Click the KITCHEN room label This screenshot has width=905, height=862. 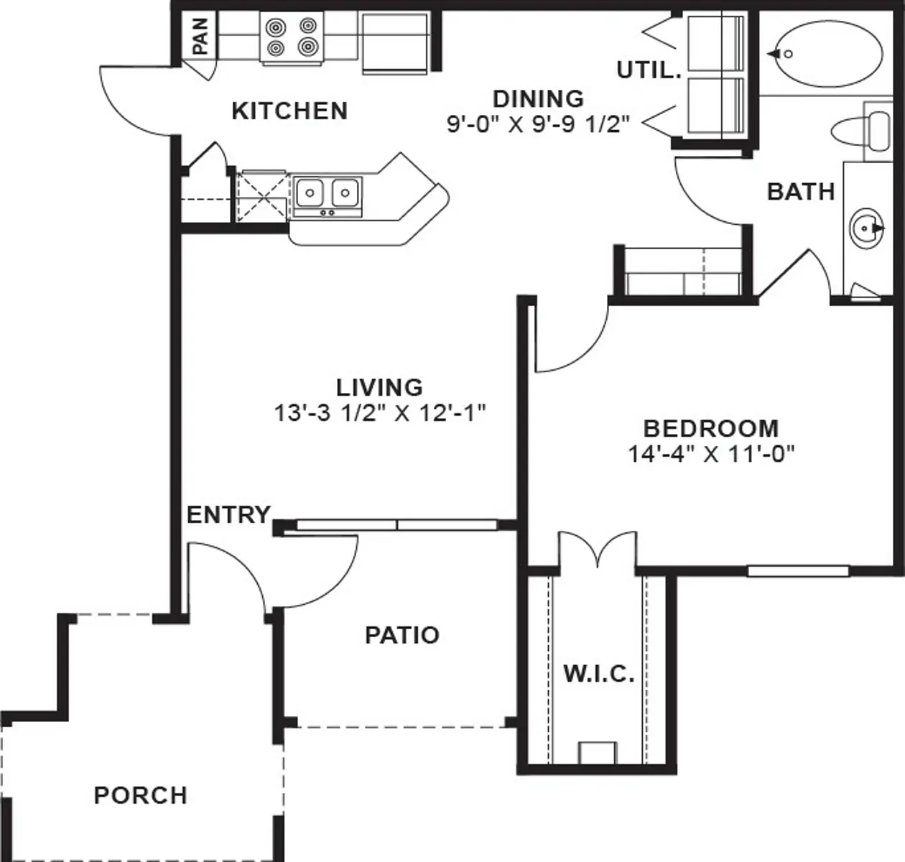(x=289, y=111)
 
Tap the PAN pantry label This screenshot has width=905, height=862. (x=200, y=36)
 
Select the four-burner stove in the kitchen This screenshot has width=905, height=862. (x=292, y=37)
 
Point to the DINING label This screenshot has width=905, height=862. (x=538, y=98)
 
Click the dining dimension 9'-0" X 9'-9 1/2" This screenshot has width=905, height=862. (x=538, y=124)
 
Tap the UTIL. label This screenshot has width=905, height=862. (x=648, y=70)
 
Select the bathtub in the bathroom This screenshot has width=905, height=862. (x=823, y=53)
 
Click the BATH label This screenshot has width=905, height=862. (x=801, y=192)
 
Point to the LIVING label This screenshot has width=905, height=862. (x=380, y=387)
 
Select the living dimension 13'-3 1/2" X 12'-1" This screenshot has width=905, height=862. (x=380, y=413)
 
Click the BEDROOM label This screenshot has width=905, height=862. (x=710, y=428)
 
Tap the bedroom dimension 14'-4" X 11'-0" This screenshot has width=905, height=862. (x=710, y=454)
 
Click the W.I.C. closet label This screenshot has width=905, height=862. (x=598, y=675)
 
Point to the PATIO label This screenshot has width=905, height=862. (x=402, y=635)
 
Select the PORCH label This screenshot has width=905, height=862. (x=141, y=795)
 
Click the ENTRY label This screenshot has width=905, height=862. (x=228, y=515)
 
